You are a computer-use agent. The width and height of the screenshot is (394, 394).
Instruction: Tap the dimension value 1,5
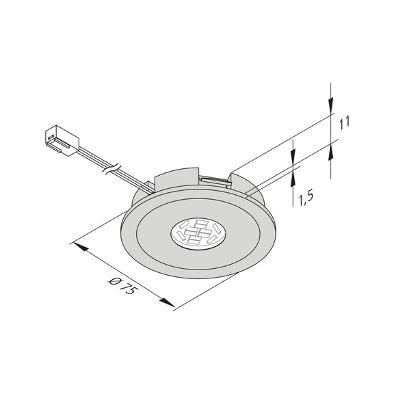(x=305, y=198)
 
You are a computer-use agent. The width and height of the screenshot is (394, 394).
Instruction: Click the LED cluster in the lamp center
(x=196, y=231)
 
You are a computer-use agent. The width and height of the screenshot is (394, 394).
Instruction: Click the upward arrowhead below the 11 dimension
(x=332, y=150)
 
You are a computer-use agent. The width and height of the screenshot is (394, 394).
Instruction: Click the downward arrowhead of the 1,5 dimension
(x=293, y=159)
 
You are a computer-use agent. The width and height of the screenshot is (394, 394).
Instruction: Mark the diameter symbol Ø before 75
(x=114, y=280)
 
